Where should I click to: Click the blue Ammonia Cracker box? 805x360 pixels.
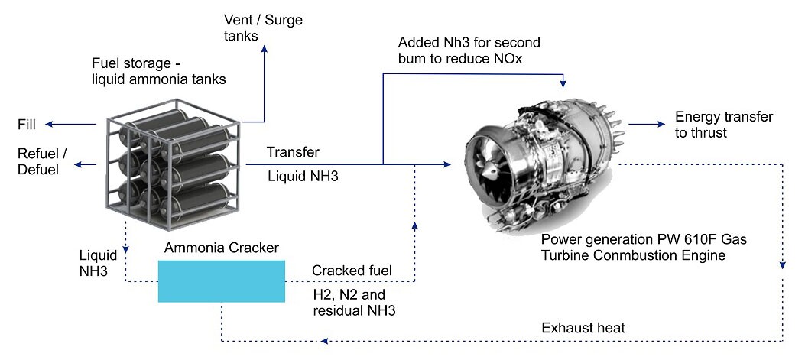coord(221,281)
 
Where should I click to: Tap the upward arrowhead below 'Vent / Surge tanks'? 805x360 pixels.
coord(265,49)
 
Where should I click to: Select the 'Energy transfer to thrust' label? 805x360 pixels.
coord(723,125)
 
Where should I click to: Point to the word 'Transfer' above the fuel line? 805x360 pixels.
coord(293,152)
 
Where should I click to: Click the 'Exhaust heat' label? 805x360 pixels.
coord(583,328)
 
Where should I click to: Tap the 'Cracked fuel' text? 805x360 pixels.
coord(352,271)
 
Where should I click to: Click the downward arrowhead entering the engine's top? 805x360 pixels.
coord(563,83)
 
